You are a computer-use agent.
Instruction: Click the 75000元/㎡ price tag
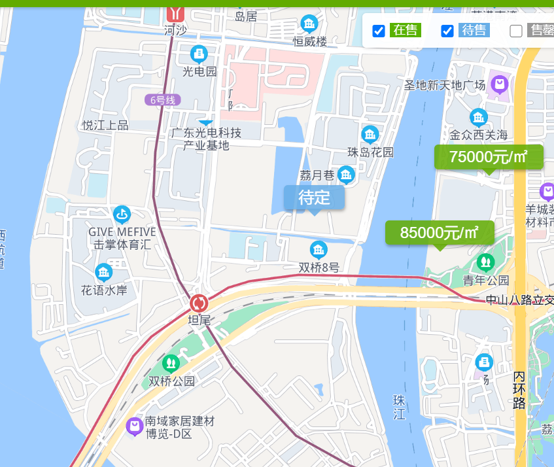pos(489,157)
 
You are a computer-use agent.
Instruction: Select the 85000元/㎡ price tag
pos(440,233)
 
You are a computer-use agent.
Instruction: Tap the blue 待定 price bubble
pos(314,198)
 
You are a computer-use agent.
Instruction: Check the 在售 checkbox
pos(378,31)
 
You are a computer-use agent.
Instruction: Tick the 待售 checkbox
pos(447,31)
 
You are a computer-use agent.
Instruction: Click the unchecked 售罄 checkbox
pos(516,31)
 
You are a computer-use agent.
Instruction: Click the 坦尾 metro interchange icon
pos(199,303)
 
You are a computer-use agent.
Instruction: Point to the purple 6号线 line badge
pos(163,100)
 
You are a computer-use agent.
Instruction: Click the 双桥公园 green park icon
pos(171,362)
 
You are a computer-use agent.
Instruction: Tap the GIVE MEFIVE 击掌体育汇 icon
pos(122,214)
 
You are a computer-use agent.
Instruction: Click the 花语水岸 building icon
pos(104,272)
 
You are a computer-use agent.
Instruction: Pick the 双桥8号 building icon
pos(319,249)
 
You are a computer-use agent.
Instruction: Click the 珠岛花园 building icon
pos(370,135)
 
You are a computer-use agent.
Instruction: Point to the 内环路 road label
pos(519,390)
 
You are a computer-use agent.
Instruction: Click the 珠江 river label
pos(400,407)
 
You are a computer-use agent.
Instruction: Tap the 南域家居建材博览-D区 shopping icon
pos(135,426)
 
